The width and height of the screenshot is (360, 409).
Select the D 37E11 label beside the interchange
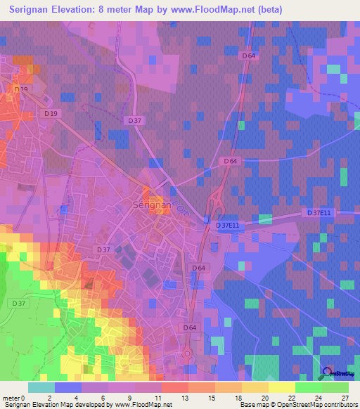(229, 225)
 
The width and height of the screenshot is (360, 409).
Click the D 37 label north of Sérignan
(136, 120)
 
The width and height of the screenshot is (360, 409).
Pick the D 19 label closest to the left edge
(21, 89)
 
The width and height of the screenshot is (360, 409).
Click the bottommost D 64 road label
(190, 327)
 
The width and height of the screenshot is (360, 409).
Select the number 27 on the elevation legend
(344, 397)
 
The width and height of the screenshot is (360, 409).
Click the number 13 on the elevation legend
(167, 397)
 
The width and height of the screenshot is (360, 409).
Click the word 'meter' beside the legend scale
(12, 397)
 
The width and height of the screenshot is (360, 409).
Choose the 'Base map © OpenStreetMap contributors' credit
(297, 405)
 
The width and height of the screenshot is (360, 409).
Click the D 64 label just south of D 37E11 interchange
(198, 267)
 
